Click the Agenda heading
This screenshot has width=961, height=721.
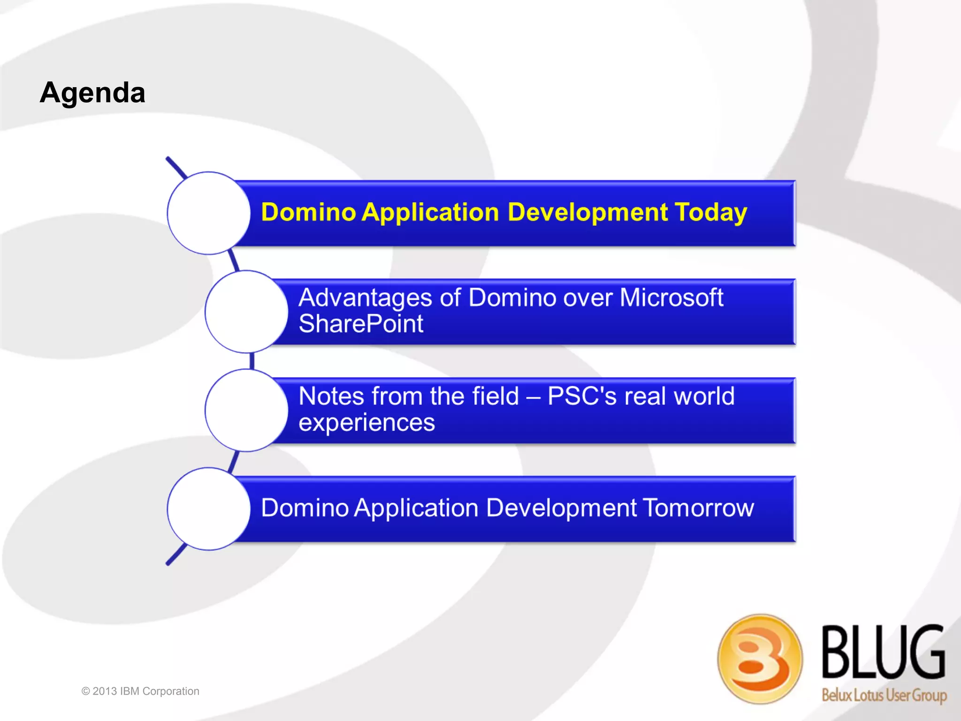[x=92, y=92]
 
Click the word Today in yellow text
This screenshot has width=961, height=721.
[x=710, y=213]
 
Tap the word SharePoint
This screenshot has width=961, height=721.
[x=361, y=324]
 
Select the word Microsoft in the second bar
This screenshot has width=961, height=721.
[x=671, y=297]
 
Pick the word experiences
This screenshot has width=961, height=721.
[x=366, y=423]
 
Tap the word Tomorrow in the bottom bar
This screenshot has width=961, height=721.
[x=698, y=508]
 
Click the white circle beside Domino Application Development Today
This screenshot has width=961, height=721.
[x=209, y=213]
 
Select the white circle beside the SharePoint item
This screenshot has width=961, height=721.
[x=246, y=311]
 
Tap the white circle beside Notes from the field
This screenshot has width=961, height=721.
[x=246, y=410]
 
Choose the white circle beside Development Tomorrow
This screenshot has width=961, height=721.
[x=209, y=508]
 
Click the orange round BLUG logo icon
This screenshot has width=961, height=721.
[x=760, y=658]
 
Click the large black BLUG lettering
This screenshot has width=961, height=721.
[x=883, y=653]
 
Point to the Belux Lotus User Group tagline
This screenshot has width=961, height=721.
[x=884, y=695]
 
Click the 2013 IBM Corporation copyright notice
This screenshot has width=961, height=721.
[x=140, y=691]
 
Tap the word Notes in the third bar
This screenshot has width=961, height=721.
[x=331, y=396]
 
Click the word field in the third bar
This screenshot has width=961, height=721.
[x=495, y=396]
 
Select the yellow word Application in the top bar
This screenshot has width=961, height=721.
[x=430, y=213]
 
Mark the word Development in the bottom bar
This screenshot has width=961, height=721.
[x=561, y=508]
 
